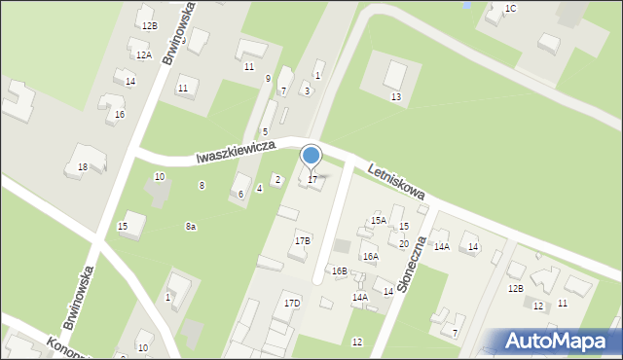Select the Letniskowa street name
coord(396,183)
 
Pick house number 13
coord(396,97)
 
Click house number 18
coord(83,167)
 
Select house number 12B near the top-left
coord(148,25)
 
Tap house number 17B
coord(303,240)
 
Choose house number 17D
coord(292,304)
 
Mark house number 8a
coord(191,227)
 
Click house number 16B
coord(339,270)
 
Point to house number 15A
coord(378,221)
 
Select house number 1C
coord(510,8)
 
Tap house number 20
coord(403,243)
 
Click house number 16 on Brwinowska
coord(119,115)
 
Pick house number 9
coord(268,78)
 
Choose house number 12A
coord(143,55)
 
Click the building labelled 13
coord(395,74)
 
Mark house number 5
coord(265,131)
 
